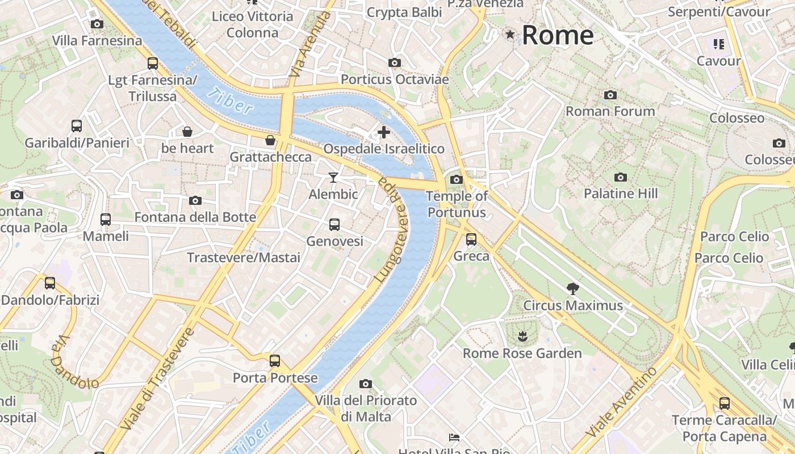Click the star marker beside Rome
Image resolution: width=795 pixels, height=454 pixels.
coord(511,35)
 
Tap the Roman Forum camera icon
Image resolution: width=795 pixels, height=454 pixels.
coord(610,95)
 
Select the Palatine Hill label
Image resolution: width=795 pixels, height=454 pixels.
coord(621,194)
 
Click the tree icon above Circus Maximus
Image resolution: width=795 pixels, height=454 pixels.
coord(573,288)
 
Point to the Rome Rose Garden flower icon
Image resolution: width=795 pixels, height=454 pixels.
coord(522,337)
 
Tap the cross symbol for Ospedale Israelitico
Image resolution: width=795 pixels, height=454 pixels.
coord(384,132)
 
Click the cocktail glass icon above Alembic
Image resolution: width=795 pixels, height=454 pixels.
coord(333,178)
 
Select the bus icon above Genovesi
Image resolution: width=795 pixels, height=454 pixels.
coord(334,225)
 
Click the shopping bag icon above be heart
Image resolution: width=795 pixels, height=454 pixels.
coord(187,132)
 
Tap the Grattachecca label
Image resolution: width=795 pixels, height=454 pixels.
coord(270,157)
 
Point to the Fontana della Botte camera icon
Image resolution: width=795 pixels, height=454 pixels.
coord(195,201)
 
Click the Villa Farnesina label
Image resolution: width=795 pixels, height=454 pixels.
coord(97,41)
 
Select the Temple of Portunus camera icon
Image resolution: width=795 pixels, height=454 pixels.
coord(456,180)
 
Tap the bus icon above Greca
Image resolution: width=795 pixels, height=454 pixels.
coord(471,239)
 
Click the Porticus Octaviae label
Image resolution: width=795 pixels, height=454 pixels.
coord(395,79)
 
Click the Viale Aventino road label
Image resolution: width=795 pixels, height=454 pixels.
coord(621,402)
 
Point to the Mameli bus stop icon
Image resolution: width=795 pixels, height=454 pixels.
coord(106,219)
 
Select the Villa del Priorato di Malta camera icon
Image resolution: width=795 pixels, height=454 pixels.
coord(366,384)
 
